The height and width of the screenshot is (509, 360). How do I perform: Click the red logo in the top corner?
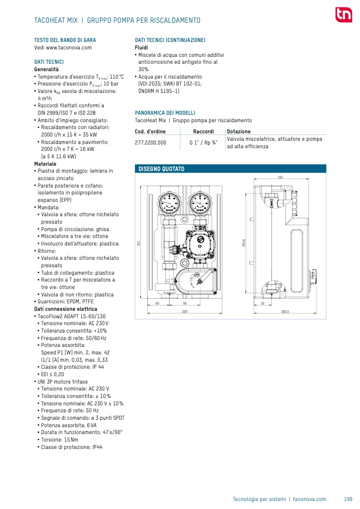pos(343,15)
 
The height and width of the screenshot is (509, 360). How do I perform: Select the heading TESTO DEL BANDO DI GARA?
pos(65,40)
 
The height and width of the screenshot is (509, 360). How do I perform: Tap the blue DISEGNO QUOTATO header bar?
pos(230,169)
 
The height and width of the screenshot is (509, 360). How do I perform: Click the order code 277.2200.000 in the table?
pos(150,142)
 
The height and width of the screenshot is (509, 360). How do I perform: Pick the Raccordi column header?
pos(203,131)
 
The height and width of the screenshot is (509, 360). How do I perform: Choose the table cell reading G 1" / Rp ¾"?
pos(203,142)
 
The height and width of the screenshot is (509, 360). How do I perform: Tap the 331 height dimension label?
pos(138,243)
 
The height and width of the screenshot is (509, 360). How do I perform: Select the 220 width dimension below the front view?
pos(185,311)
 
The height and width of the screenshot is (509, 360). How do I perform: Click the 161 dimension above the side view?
pos(280,177)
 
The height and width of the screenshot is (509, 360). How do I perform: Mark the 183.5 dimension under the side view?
pos(284,311)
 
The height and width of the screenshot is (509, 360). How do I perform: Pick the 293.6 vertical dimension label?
pos(244,242)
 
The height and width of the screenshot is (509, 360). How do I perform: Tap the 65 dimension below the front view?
pos(157,303)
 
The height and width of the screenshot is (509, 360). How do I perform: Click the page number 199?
pos(348,499)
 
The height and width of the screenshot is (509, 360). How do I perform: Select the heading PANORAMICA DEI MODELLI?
pos(165,113)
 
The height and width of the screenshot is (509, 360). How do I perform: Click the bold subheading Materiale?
pos(45,164)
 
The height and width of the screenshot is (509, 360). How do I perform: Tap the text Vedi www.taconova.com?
pos(63,47)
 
